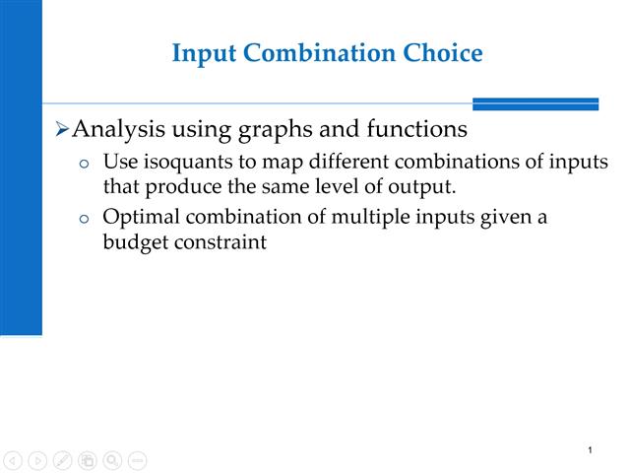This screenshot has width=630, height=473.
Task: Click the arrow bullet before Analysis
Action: pos(61,130)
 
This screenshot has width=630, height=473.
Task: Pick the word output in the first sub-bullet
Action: pos(425,185)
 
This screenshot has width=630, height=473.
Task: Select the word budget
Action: pos(133,241)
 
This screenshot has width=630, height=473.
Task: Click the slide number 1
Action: pos(589,450)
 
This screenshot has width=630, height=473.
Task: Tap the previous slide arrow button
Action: pos(13,460)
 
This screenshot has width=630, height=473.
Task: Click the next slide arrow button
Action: pos(37,460)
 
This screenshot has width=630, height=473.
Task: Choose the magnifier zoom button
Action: pos(112,460)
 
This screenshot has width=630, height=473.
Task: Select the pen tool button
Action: pos(62,460)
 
